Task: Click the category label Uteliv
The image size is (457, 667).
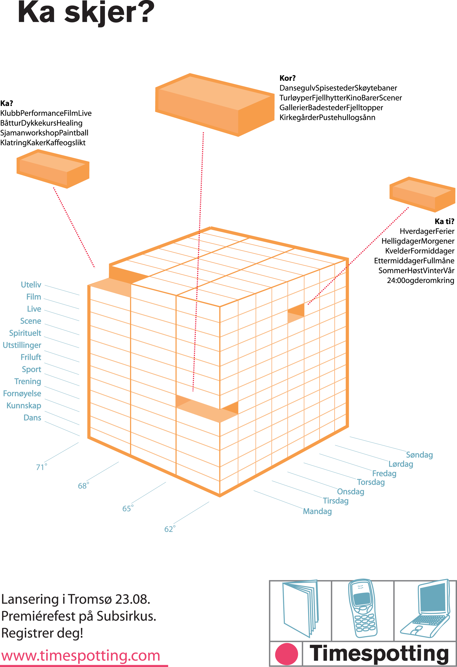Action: [x=31, y=285]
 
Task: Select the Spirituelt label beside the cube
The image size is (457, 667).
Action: [x=25, y=333]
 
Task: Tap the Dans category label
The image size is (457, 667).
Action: [x=32, y=418]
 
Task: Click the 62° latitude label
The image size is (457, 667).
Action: [x=170, y=529]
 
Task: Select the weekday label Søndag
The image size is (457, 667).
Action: [x=419, y=455]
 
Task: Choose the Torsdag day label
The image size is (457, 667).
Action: [x=371, y=482]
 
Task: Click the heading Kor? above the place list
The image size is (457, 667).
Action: [x=287, y=78]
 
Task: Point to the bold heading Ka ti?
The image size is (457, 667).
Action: [x=444, y=221]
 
